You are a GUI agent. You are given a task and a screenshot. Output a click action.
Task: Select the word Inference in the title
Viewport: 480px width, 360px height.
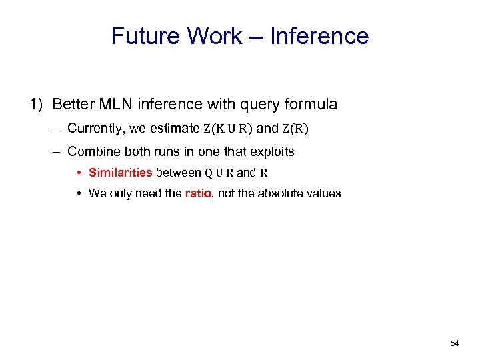tap(319, 36)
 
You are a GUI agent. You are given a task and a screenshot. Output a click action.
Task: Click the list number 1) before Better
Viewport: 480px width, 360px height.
tap(37, 104)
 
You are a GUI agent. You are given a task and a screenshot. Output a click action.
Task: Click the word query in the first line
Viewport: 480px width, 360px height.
tap(255, 104)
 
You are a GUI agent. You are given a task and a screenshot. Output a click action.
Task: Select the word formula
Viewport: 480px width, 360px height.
tap(309, 104)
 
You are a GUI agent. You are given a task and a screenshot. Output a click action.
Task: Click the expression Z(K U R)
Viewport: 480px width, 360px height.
tap(228, 129)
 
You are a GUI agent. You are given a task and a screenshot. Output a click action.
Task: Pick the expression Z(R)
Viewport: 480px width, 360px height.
tap(295, 129)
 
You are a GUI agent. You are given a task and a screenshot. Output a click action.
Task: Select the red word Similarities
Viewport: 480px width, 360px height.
tap(120, 173)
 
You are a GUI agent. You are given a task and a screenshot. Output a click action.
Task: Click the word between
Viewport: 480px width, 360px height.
tap(178, 173)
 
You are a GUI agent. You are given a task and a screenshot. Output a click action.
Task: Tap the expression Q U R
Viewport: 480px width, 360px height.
tap(219, 173)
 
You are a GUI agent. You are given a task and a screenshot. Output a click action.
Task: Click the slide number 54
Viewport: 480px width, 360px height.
tap(455, 343)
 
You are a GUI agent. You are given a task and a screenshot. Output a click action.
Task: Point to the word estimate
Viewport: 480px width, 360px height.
tap(175, 128)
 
